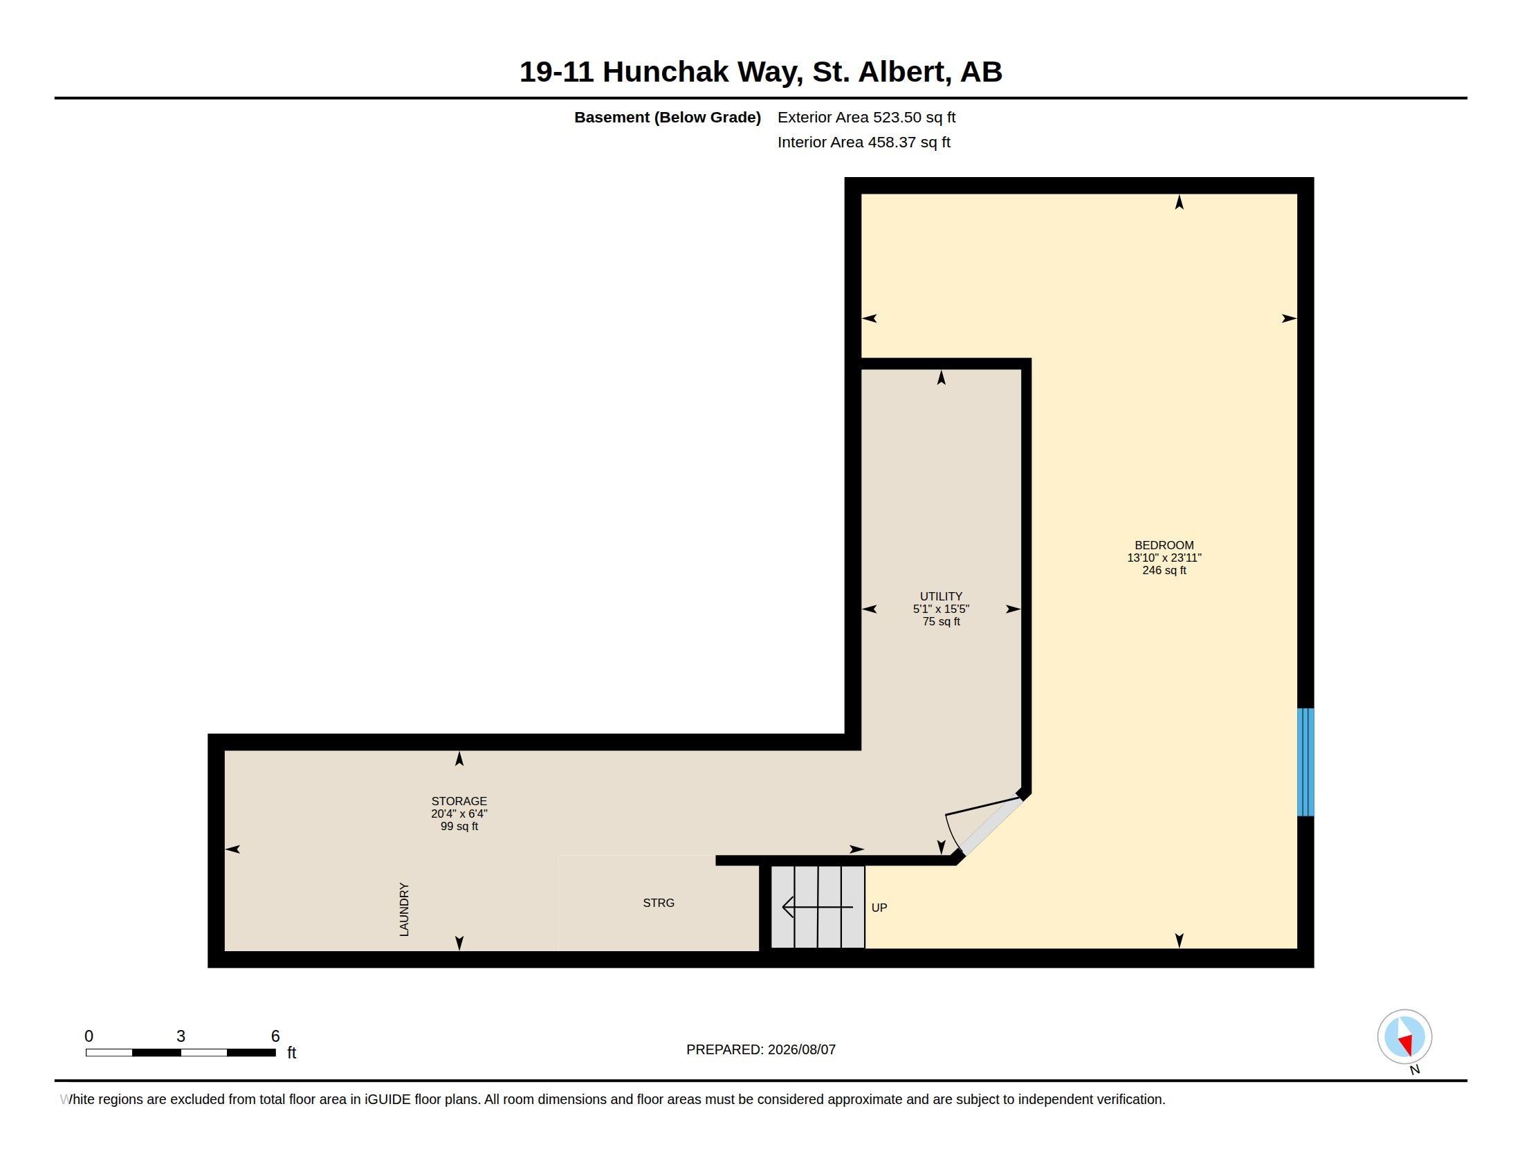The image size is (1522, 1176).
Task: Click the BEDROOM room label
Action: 1164,546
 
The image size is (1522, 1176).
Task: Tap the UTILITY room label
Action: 941,596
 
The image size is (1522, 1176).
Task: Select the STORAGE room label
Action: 459,801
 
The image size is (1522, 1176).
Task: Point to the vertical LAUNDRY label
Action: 404,909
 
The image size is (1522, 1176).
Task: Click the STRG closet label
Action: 659,903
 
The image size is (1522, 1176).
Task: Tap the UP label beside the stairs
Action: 879,908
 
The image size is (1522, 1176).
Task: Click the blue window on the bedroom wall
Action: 1305,762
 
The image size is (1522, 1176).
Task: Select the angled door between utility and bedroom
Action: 990,826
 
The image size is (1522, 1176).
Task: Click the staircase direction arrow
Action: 818,907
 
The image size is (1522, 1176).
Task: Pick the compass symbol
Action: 1404,1037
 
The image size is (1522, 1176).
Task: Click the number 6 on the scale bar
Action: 275,1036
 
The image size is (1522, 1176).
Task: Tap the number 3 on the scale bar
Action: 181,1036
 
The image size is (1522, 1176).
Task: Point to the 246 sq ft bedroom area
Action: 1164,571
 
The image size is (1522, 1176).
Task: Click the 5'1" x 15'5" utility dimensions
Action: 941,609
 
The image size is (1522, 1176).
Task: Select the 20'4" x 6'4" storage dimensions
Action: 459,814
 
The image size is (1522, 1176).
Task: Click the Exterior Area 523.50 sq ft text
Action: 866,117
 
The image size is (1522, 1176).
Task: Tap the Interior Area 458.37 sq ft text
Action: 863,142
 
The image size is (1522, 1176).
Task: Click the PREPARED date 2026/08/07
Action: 801,1049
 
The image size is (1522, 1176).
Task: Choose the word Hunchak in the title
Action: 665,72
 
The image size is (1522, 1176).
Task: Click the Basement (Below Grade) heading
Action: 667,117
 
